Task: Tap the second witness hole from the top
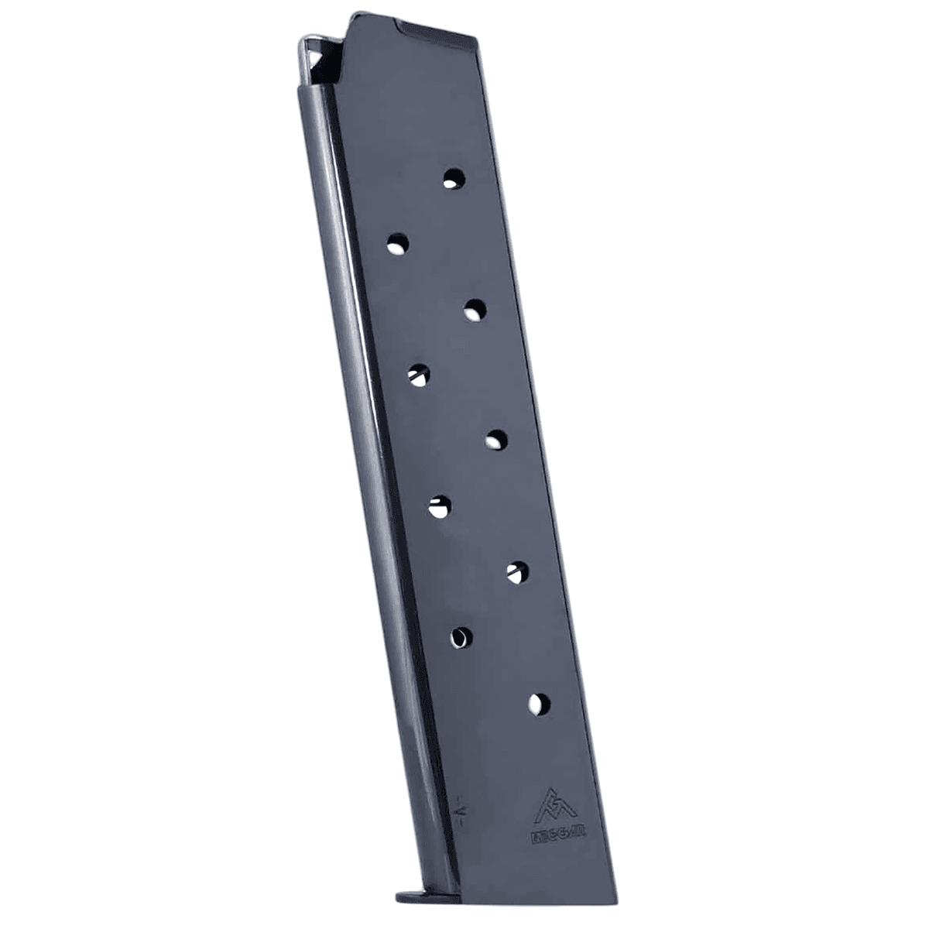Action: (397, 245)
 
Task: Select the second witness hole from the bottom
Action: (461, 636)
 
